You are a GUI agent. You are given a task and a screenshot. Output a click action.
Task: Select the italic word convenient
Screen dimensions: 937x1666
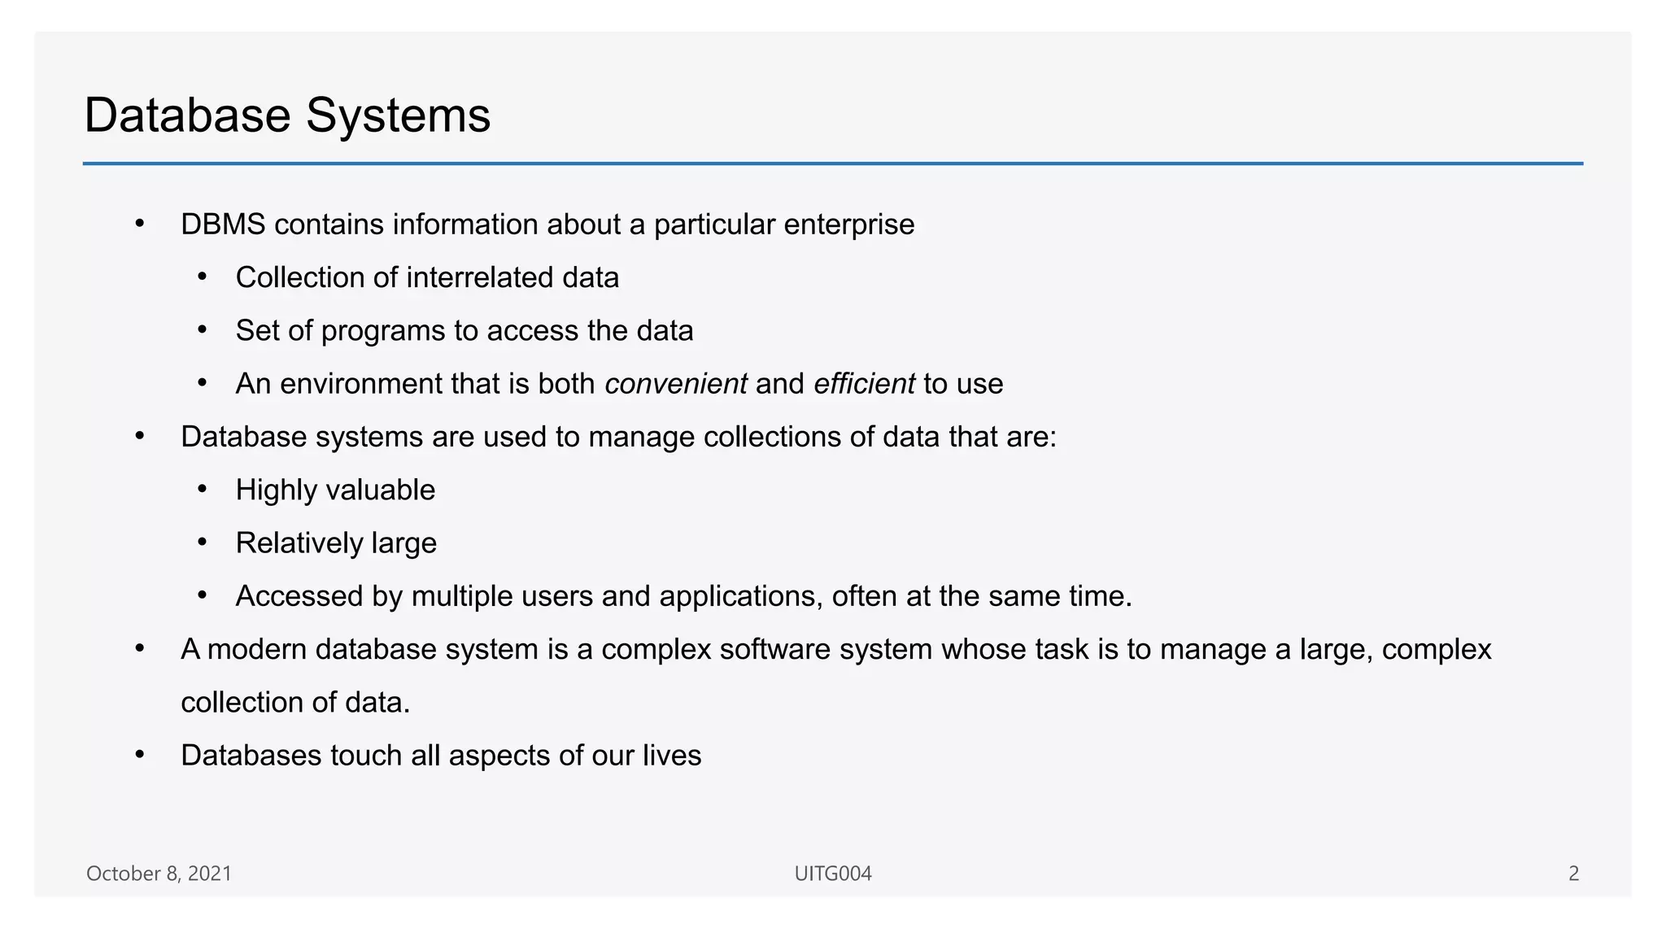point(675,384)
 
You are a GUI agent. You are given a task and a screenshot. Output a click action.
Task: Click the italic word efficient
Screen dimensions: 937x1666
point(864,384)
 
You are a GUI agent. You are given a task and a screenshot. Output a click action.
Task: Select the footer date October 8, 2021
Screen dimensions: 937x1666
point(159,874)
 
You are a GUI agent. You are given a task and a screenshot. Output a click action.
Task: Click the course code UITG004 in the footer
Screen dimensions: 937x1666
point(833,874)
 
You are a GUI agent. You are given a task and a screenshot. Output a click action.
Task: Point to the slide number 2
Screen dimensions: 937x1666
point(1573,874)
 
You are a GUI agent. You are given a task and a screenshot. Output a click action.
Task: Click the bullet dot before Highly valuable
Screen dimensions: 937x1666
point(203,490)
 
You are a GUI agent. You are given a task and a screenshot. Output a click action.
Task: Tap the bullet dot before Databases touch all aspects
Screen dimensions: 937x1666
point(140,755)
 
